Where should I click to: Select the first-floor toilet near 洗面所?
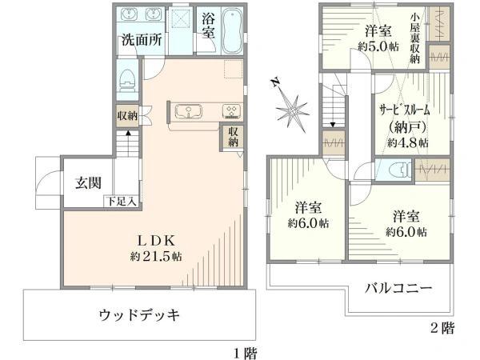pos(127,80)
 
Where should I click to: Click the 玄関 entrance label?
pos(88,183)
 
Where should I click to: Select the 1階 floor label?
pos(246,351)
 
